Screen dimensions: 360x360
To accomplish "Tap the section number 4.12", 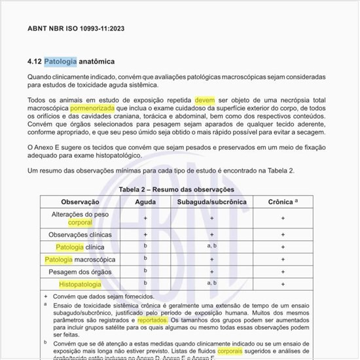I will click(x=34, y=62).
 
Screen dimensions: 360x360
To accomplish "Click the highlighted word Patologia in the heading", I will click(x=60, y=62).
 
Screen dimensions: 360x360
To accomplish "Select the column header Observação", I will click(x=80, y=202).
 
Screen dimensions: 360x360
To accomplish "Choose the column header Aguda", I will click(x=145, y=202).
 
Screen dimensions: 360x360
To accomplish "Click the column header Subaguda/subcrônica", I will click(x=211, y=202).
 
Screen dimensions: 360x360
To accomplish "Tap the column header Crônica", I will click(x=281, y=202).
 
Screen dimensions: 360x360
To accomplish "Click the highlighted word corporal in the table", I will click(x=80, y=223).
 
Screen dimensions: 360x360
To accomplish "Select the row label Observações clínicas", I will click(x=80, y=234).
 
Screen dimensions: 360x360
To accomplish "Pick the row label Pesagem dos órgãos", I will click(x=80, y=272).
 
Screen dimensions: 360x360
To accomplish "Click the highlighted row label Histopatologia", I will click(x=80, y=284).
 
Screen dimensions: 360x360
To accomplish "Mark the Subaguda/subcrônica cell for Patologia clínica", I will click(x=211, y=246).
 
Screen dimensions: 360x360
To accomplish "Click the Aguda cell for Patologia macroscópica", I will click(x=145, y=259).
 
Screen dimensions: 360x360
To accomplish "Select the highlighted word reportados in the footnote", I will click(x=152, y=321).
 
